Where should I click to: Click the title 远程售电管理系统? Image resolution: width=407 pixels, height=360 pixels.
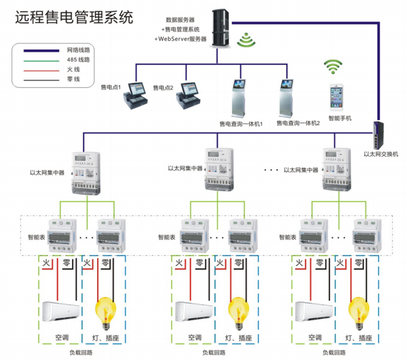click(x=74, y=17)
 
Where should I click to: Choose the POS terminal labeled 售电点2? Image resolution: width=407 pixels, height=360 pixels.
click(x=187, y=94)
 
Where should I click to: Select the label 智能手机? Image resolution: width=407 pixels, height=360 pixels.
click(x=340, y=118)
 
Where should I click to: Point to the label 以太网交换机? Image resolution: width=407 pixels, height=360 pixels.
click(x=381, y=154)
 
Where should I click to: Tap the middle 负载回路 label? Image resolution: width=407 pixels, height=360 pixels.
click(x=212, y=352)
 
